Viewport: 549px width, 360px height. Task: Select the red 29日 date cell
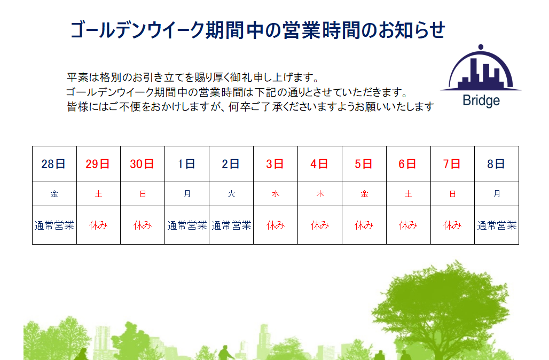[x=98, y=164]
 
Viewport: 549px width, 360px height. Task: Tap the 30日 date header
[x=142, y=164]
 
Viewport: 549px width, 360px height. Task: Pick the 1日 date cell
[x=186, y=164]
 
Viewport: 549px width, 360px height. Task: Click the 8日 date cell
[x=496, y=164]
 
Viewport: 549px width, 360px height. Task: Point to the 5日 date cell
[x=364, y=164]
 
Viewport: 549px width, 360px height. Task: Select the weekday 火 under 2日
[x=231, y=194]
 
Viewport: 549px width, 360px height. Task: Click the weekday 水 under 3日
[x=276, y=194]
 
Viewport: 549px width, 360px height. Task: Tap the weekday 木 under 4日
[x=320, y=194]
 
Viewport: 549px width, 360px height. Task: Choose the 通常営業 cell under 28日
[x=54, y=225]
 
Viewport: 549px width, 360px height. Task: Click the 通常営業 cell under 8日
[x=497, y=225]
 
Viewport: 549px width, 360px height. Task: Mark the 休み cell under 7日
[x=452, y=225]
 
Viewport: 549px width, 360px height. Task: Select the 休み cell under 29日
[x=98, y=225]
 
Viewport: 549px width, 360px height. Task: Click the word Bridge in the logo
[x=481, y=101]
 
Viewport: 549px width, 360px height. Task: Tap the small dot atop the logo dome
[x=481, y=47]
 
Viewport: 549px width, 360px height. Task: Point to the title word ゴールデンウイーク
[x=137, y=30]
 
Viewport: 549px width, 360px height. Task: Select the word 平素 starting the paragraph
[x=77, y=77]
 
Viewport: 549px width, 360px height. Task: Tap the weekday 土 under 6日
[x=408, y=194]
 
